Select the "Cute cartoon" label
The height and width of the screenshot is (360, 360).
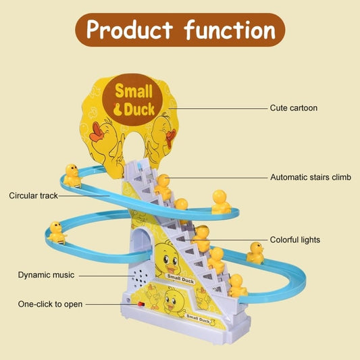point(293,107)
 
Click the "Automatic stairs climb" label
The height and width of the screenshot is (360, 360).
point(311,177)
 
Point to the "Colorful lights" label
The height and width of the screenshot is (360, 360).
point(295,240)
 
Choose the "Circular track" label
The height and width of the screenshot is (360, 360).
point(33,196)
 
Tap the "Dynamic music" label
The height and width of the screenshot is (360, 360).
point(46,275)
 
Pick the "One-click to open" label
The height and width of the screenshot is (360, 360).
point(50,304)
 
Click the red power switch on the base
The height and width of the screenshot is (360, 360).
point(141,305)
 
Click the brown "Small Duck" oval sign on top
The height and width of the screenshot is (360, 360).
point(136,99)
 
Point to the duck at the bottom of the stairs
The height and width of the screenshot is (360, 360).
point(236,286)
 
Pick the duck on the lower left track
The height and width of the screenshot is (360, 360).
point(57,232)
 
